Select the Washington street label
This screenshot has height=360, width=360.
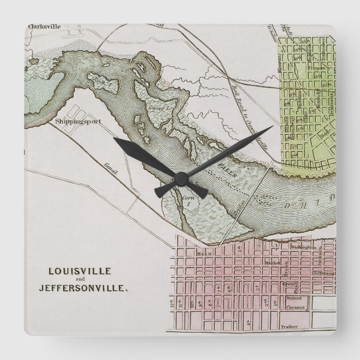click(x=303, y=247)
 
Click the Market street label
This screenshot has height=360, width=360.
click(x=272, y=262)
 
